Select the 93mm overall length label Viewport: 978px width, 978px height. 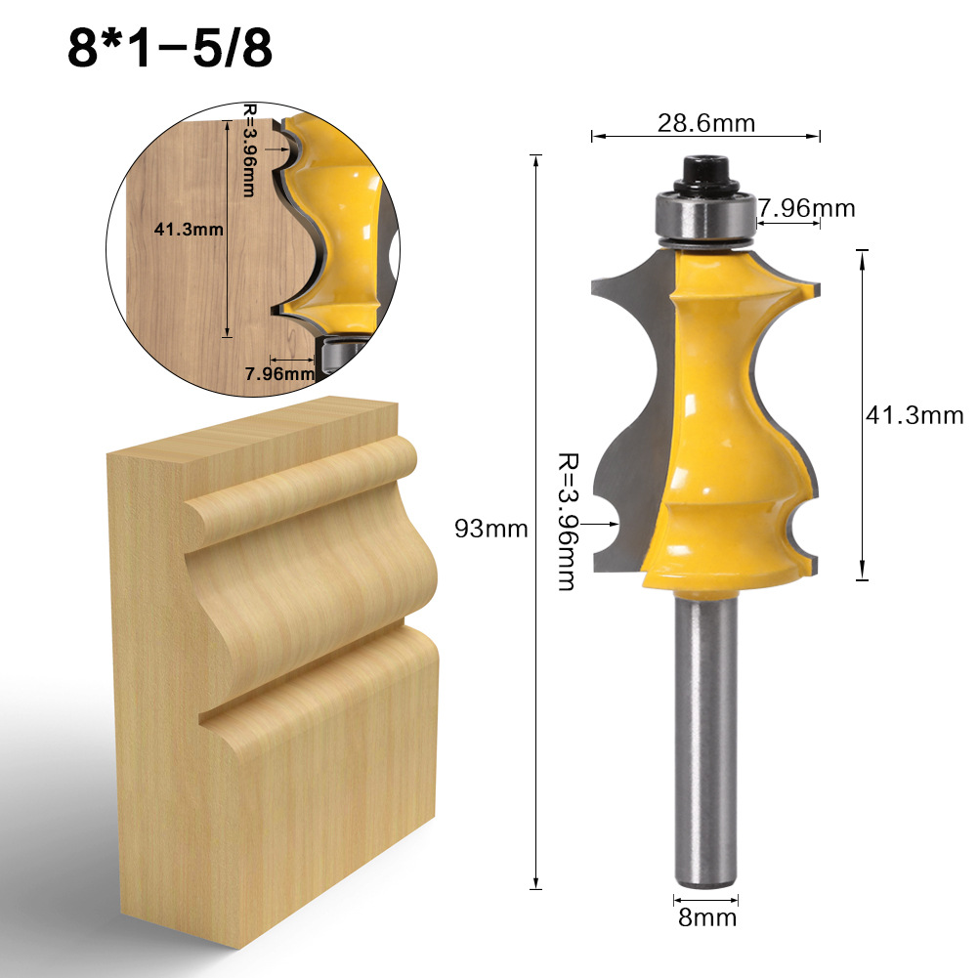(491, 530)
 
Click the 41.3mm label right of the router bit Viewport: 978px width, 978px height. (914, 415)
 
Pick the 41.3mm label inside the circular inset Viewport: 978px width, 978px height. (189, 231)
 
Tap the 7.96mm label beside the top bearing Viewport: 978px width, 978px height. (807, 208)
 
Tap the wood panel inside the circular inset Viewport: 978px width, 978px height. (186, 293)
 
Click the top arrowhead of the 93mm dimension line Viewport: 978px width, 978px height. (535, 157)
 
